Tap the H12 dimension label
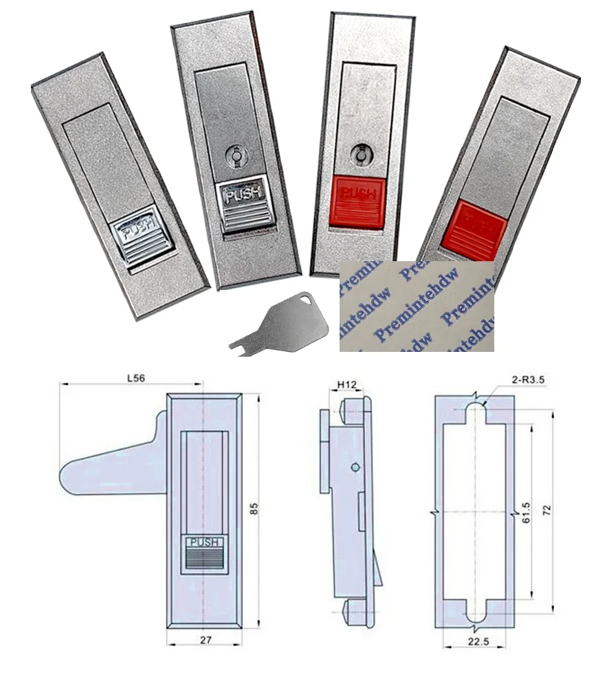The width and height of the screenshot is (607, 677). [x=348, y=386]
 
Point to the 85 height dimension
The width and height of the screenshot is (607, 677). [x=254, y=510]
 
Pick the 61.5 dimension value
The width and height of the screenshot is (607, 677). [x=527, y=511]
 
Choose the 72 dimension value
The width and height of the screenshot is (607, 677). [x=547, y=511]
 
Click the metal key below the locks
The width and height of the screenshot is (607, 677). [x=265, y=324]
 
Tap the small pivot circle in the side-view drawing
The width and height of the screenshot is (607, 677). [x=354, y=467]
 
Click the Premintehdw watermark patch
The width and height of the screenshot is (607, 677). [x=417, y=306]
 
